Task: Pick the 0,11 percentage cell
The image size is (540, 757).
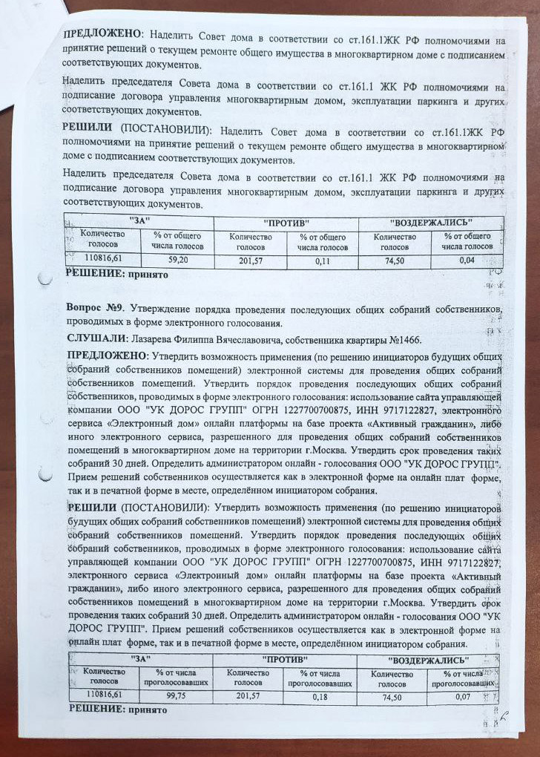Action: tap(322, 260)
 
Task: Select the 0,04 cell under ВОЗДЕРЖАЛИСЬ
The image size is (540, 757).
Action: tap(467, 260)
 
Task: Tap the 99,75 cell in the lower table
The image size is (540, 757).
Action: tap(177, 694)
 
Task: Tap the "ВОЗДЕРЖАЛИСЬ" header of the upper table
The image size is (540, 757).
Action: tap(431, 222)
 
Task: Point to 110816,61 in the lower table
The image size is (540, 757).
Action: tap(104, 693)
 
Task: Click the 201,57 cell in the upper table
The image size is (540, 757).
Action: tap(250, 260)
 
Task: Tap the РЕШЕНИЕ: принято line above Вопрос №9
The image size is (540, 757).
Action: tap(116, 274)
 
